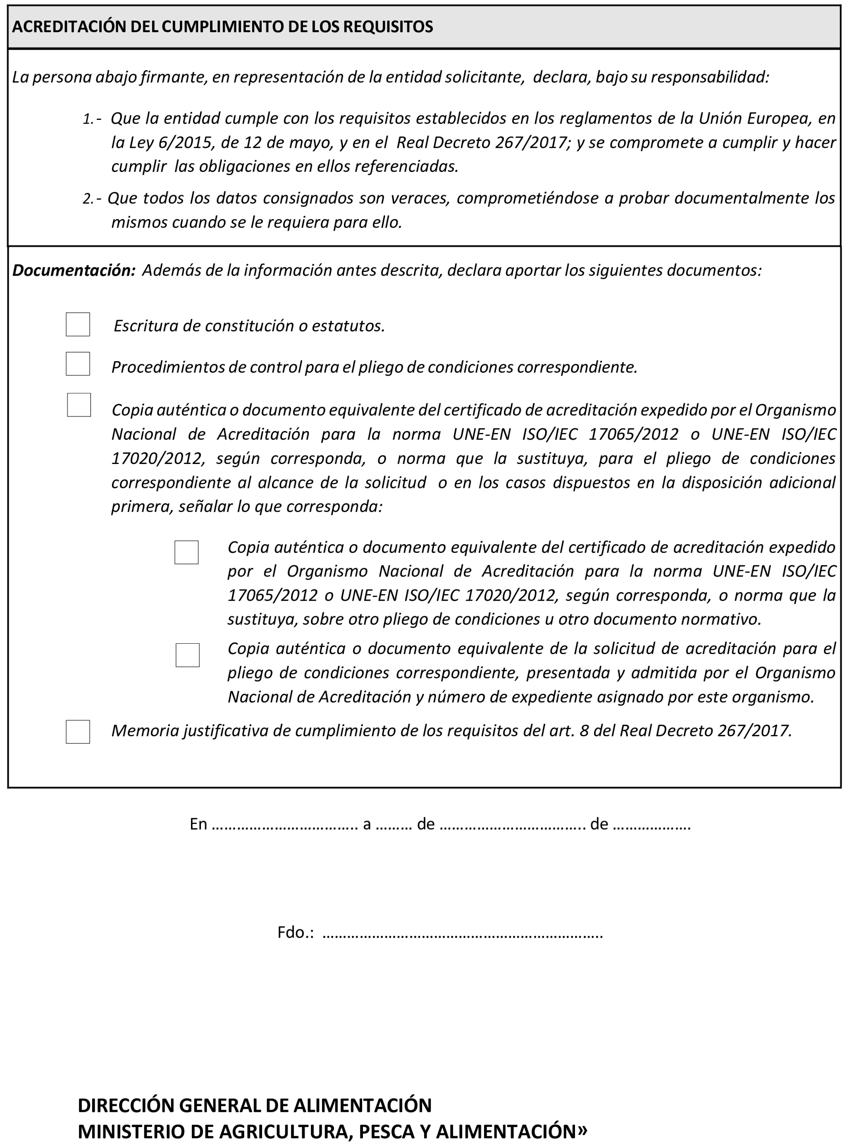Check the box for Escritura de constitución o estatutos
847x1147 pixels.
point(78,324)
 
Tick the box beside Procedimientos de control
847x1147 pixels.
point(78,364)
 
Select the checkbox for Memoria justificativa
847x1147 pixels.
point(78,732)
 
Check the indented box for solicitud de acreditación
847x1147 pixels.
point(188,655)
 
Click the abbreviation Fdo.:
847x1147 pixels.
point(295,932)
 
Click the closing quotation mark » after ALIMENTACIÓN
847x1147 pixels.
point(582,1130)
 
